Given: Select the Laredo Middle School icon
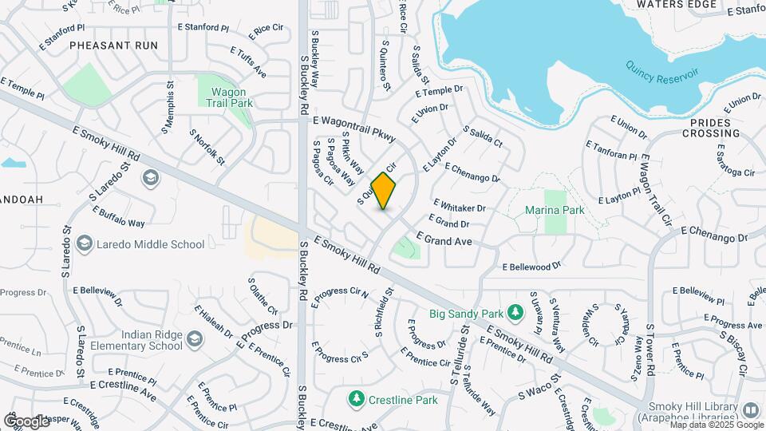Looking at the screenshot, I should click(85, 244).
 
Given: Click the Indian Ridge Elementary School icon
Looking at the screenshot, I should click(193, 342).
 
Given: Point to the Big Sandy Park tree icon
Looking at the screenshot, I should click(515, 312).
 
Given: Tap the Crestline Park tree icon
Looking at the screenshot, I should click(356, 397).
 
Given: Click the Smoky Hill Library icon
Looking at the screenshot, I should click(750, 410).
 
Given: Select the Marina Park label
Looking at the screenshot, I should click(555, 210).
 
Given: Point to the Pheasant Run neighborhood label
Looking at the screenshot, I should click(114, 45).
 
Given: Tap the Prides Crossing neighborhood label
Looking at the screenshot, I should click(715, 128).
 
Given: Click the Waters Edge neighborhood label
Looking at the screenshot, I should click(677, 5).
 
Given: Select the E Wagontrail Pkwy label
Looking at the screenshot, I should click(355, 129).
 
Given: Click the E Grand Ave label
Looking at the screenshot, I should click(444, 239).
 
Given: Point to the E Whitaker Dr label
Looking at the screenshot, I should click(460, 206).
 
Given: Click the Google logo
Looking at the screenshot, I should click(26, 421).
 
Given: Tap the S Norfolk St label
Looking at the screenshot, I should click(207, 147).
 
